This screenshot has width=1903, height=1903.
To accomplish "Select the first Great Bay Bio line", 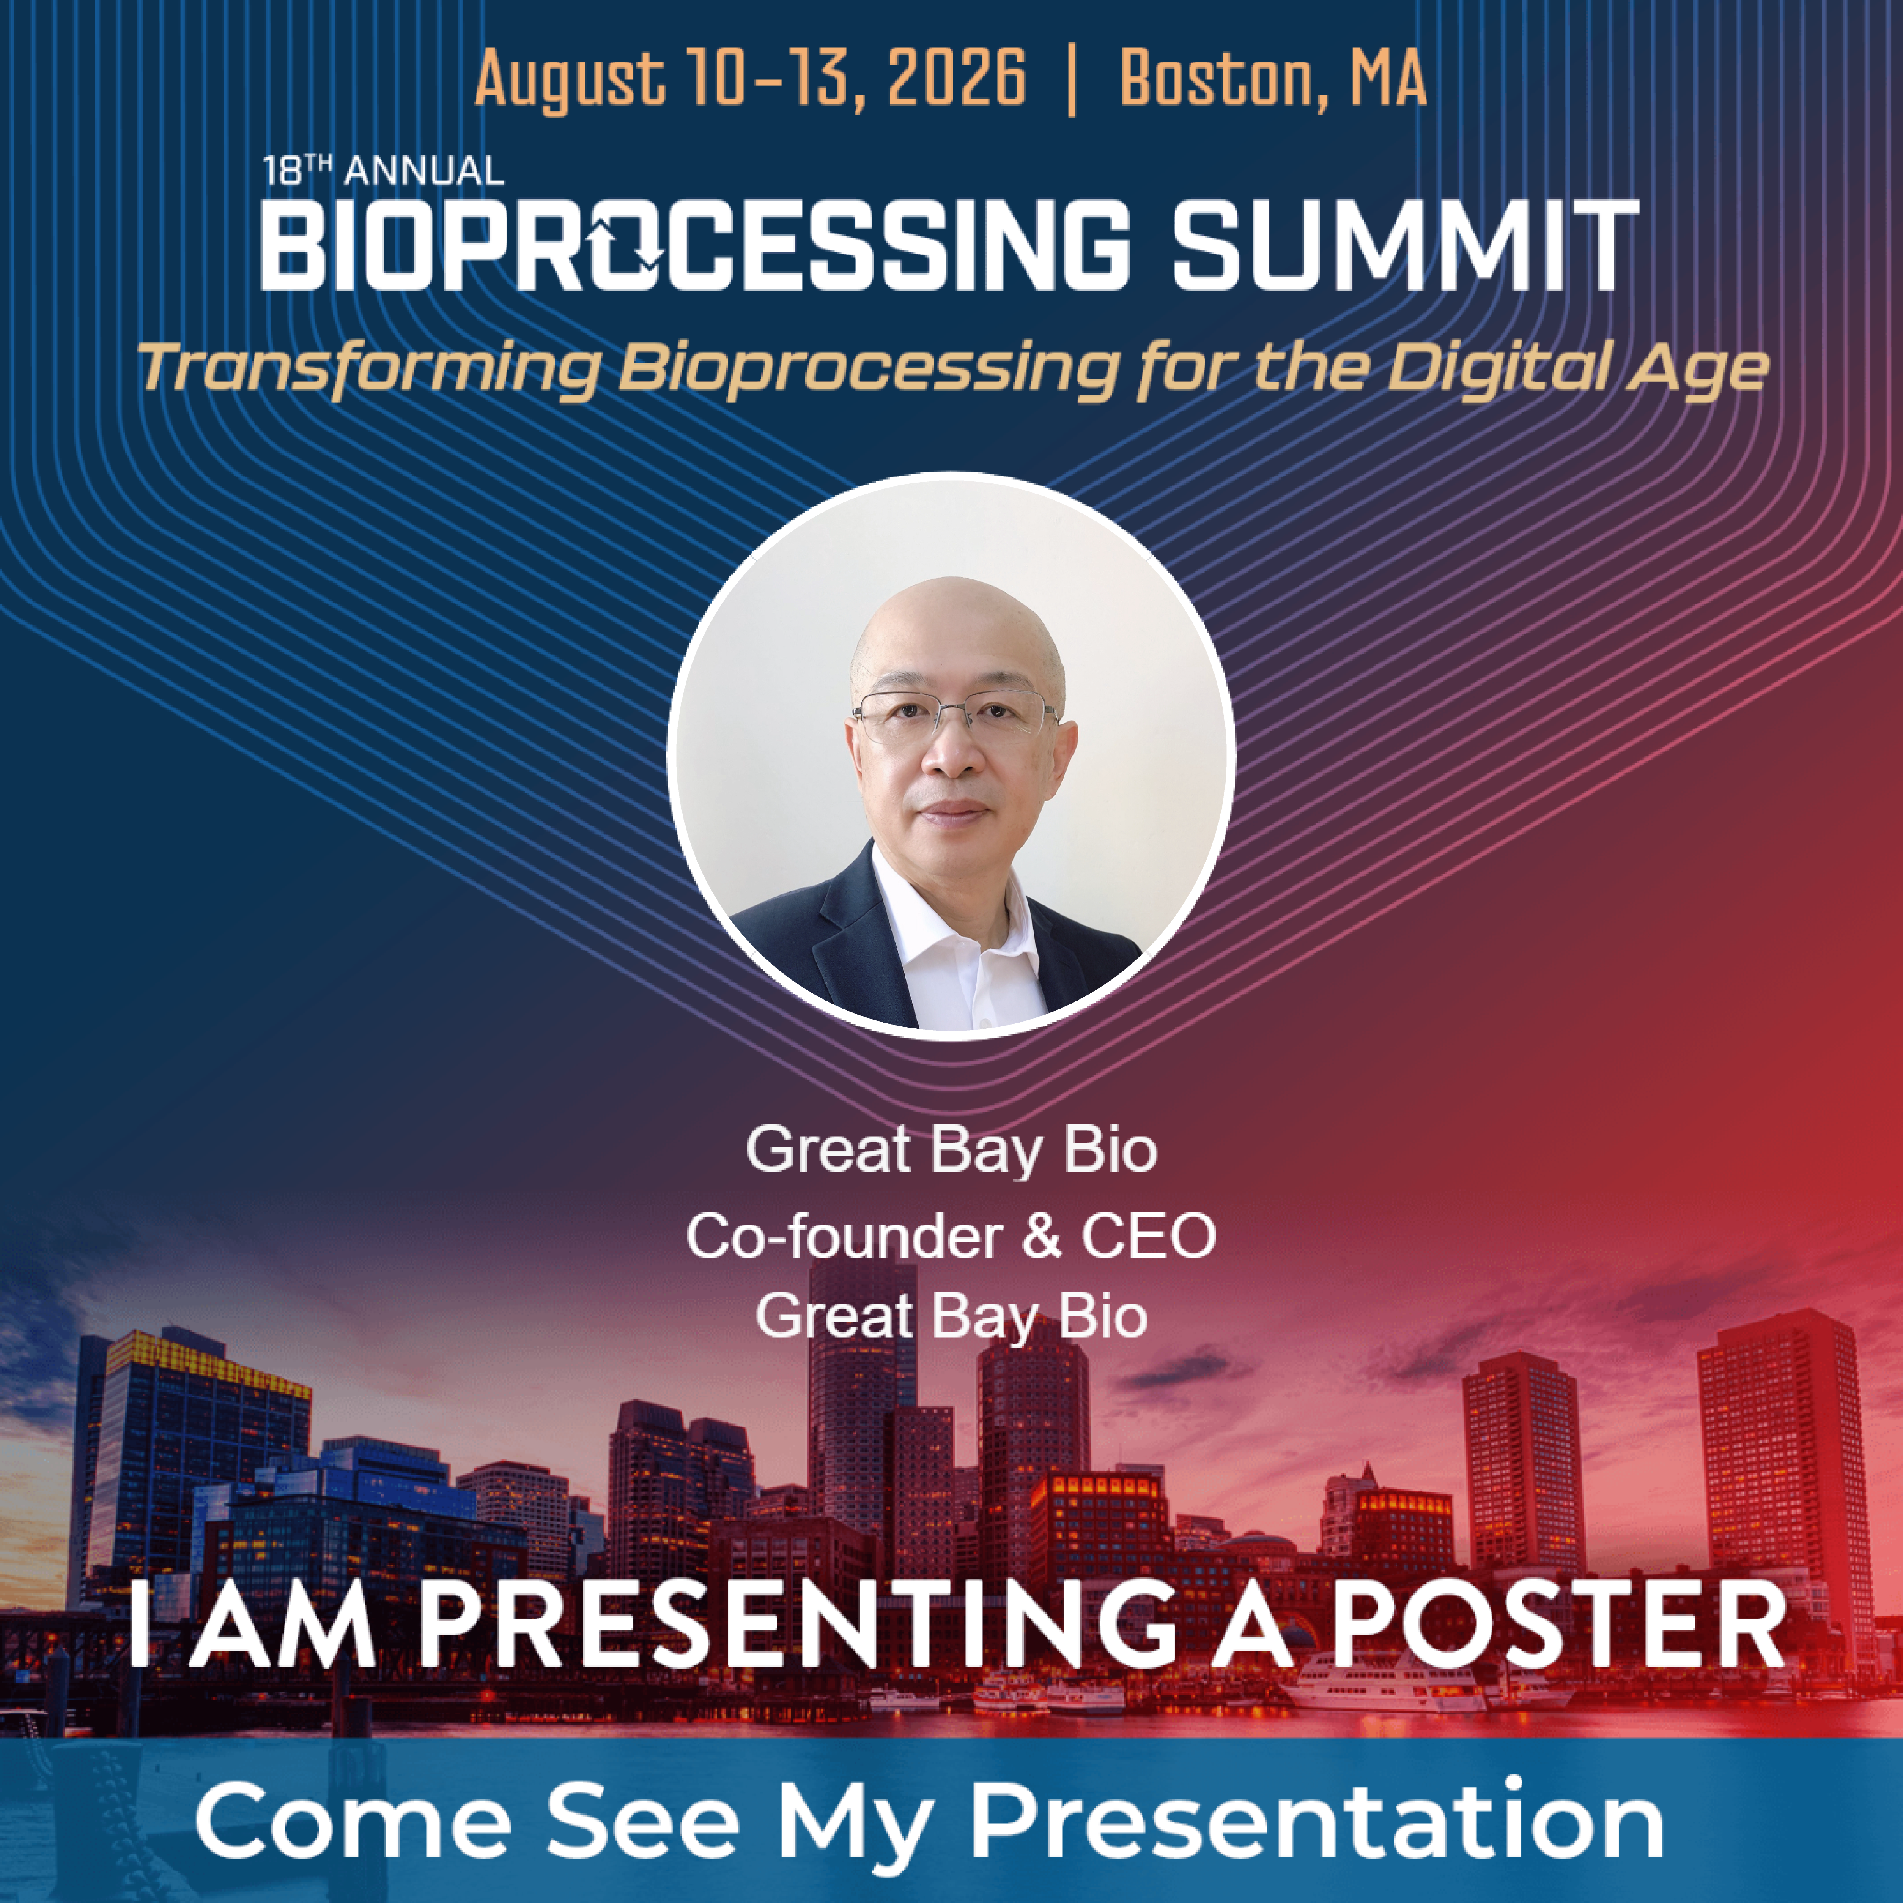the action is pyautogui.click(x=951, y=1150).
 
